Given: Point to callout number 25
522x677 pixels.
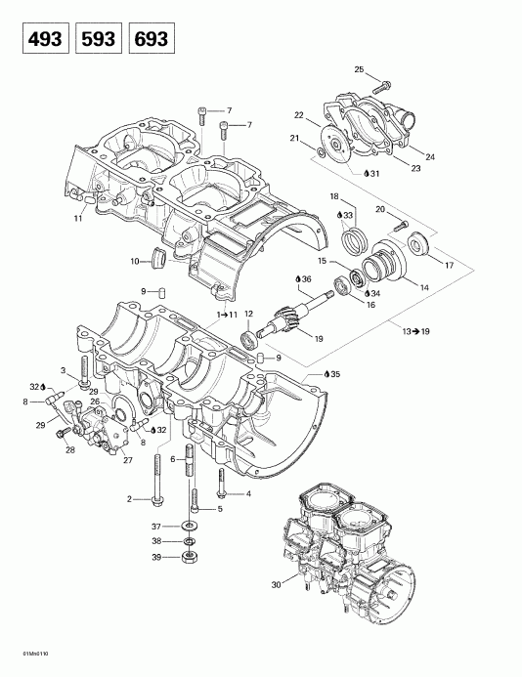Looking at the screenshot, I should pyautogui.click(x=359, y=69).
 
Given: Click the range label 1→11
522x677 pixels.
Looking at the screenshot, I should pyautogui.click(x=226, y=315).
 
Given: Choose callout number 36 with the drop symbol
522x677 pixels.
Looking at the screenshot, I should pyautogui.click(x=304, y=281).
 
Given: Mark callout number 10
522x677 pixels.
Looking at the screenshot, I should pyautogui.click(x=135, y=263).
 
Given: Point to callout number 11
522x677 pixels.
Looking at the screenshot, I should pyautogui.click(x=77, y=219).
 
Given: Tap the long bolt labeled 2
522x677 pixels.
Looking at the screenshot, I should pyautogui.click(x=156, y=488).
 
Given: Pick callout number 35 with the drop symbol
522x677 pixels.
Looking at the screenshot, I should pyautogui.click(x=335, y=374).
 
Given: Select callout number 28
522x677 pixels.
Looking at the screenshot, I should pyautogui.click(x=68, y=449).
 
